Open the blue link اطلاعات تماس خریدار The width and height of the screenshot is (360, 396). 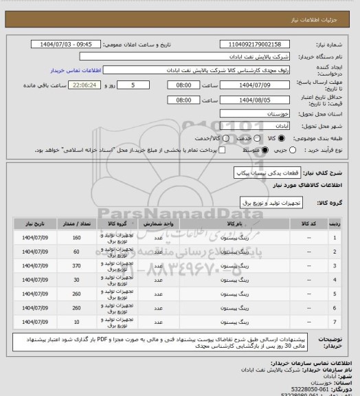click(x=76, y=71)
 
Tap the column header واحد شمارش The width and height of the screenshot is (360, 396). click(x=159, y=224)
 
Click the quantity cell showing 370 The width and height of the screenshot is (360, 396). click(x=76, y=265)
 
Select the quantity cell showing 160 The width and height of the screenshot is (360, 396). click(x=76, y=238)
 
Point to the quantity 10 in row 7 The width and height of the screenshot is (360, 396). click(x=76, y=321)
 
